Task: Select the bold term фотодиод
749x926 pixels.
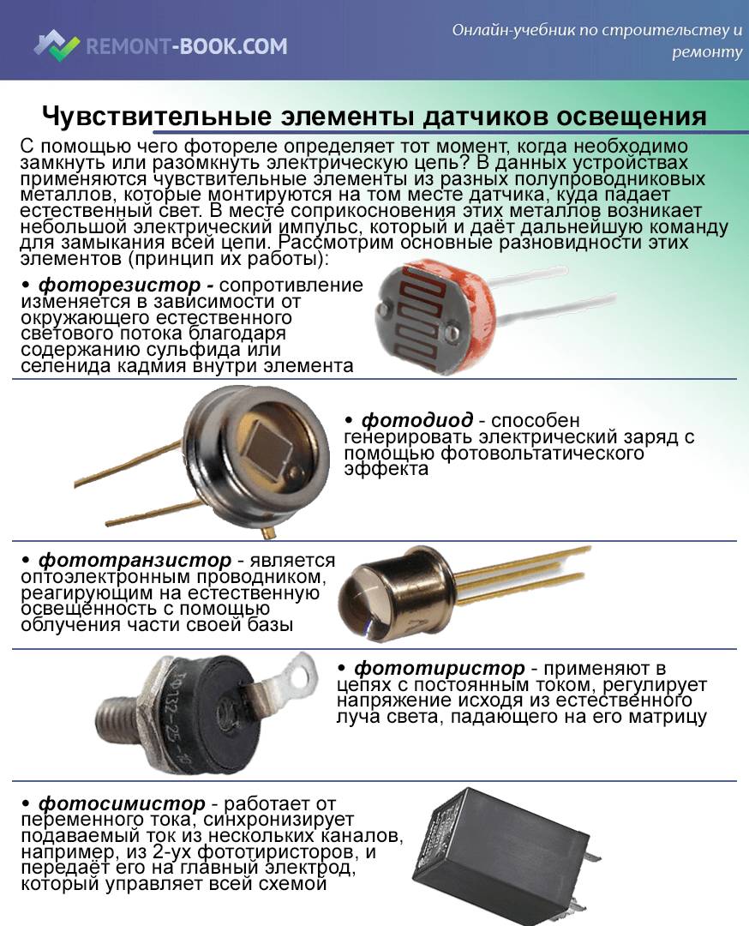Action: pos(416,420)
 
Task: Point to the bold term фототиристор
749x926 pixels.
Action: pos(439,667)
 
